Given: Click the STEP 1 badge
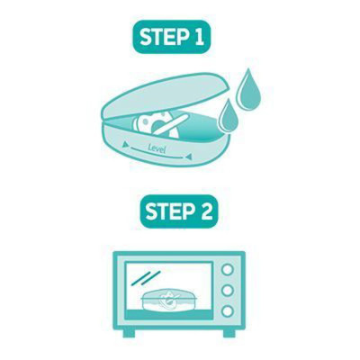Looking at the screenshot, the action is (x=171, y=37).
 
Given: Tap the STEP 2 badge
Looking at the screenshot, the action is (x=179, y=211).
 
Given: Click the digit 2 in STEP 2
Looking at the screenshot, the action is (x=206, y=211).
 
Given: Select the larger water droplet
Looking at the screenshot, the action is (x=248, y=90).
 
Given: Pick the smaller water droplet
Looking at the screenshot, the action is (x=229, y=117).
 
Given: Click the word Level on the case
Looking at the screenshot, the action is (x=157, y=148).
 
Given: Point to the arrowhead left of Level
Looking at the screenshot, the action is (x=124, y=146).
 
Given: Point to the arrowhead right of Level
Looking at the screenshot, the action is (x=189, y=157).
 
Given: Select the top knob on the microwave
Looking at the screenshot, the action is (x=228, y=270).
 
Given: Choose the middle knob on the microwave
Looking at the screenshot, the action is (x=228, y=290).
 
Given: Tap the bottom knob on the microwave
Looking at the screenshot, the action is (x=228, y=310).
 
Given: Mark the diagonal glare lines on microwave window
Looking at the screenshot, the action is (x=147, y=278).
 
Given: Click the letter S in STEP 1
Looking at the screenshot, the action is (x=147, y=37).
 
